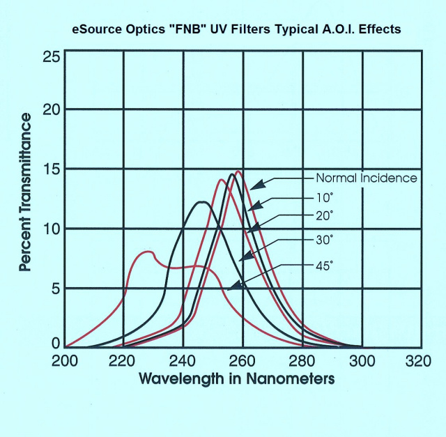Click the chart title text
click(236, 31)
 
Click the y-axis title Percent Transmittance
click(25, 192)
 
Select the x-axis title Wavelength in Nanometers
click(236, 380)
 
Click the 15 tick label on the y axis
click(50, 170)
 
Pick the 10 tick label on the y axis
click(50, 229)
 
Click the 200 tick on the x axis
click(66, 361)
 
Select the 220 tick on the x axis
click(123, 361)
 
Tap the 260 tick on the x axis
click(242, 361)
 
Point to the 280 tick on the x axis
click(302, 361)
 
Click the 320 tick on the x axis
click(418, 361)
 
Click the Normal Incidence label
click(366, 178)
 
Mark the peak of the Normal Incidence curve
click(239, 171)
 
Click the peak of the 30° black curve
click(202, 202)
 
